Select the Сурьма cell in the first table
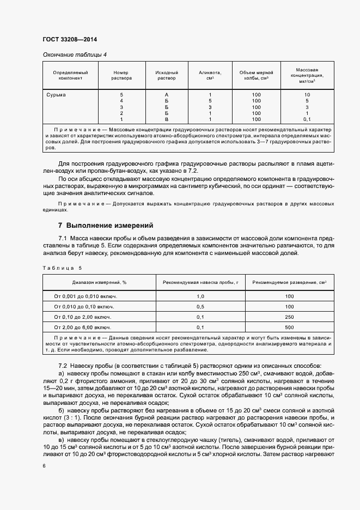(x=56, y=95)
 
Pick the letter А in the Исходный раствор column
(x=166, y=95)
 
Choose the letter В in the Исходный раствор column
(x=166, y=119)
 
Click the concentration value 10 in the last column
(x=307, y=95)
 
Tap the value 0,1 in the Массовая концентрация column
(x=307, y=119)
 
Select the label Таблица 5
(x=62, y=268)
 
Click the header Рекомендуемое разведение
(x=289, y=282)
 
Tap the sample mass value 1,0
(x=200, y=296)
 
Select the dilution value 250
(x=289, y=317)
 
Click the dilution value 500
(x=289, y=327)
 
